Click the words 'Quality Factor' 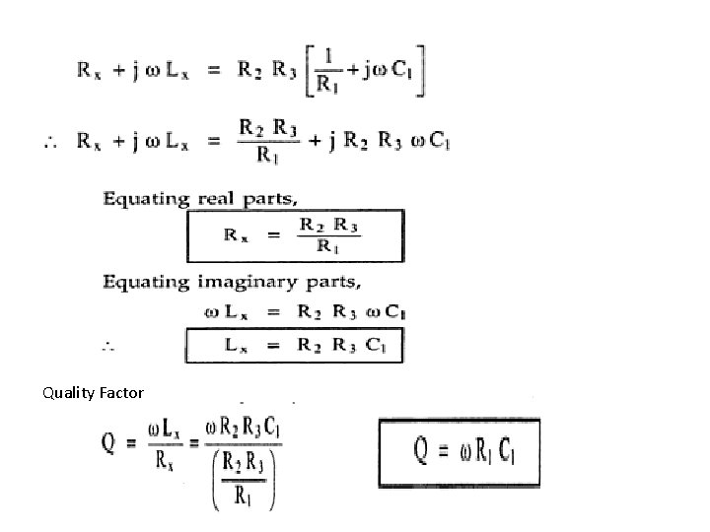point(93,393)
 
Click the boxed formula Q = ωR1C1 point(460,453)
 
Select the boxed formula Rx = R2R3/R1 point(295,236)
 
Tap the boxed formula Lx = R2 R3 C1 point(295,345)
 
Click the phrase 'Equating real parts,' point(200,198)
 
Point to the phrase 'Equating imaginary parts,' point(233,282)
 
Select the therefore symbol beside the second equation point(49,144)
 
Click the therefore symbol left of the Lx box point(108,346)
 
